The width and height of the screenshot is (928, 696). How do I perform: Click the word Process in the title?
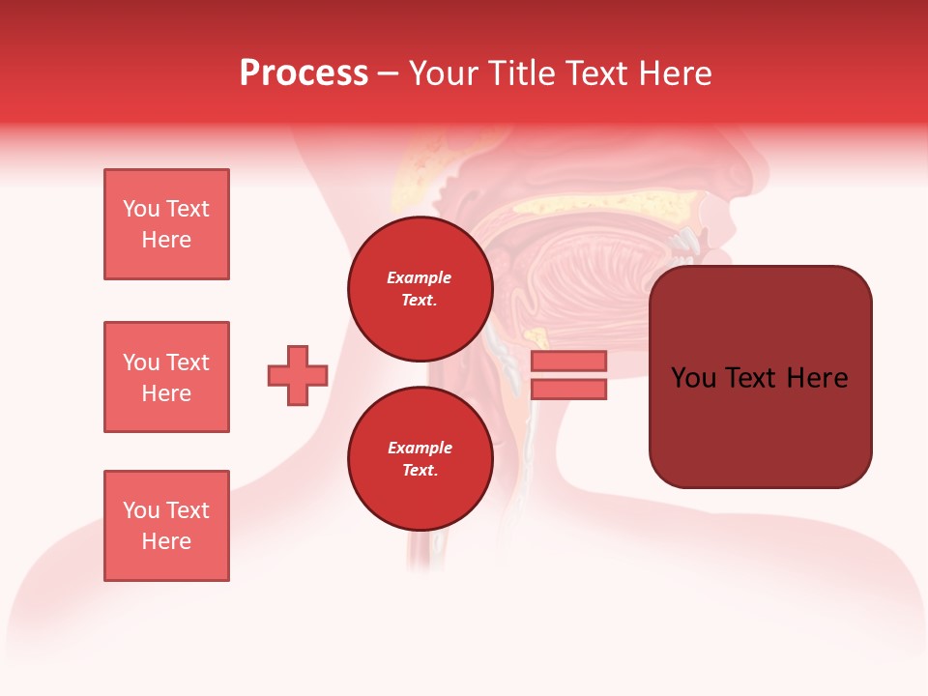coord(304,73)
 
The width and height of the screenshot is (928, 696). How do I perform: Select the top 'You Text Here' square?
coord(166,224)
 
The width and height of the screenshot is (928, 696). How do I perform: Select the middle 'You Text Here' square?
coord(166,377)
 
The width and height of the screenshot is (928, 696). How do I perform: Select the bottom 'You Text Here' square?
coord(166,526)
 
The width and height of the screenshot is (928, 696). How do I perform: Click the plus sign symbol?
coord(298,375)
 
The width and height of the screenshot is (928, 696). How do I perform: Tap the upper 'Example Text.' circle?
coord(420,289)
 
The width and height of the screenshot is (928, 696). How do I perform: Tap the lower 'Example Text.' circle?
coord(420,459)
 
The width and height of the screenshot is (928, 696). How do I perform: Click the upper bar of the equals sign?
coord(568,361)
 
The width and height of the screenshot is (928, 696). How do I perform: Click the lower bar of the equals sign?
coord(568,390)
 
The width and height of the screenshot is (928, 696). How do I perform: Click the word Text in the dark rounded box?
coord(759,378)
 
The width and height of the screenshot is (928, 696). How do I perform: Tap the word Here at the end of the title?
coord(675,73)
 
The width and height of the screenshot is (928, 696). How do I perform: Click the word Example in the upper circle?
coord(420,277)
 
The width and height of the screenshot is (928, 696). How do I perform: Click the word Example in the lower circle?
coord(420,448)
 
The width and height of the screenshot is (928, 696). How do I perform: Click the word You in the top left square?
coord(141,209)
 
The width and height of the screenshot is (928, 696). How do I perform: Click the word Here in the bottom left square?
coord(166,541)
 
